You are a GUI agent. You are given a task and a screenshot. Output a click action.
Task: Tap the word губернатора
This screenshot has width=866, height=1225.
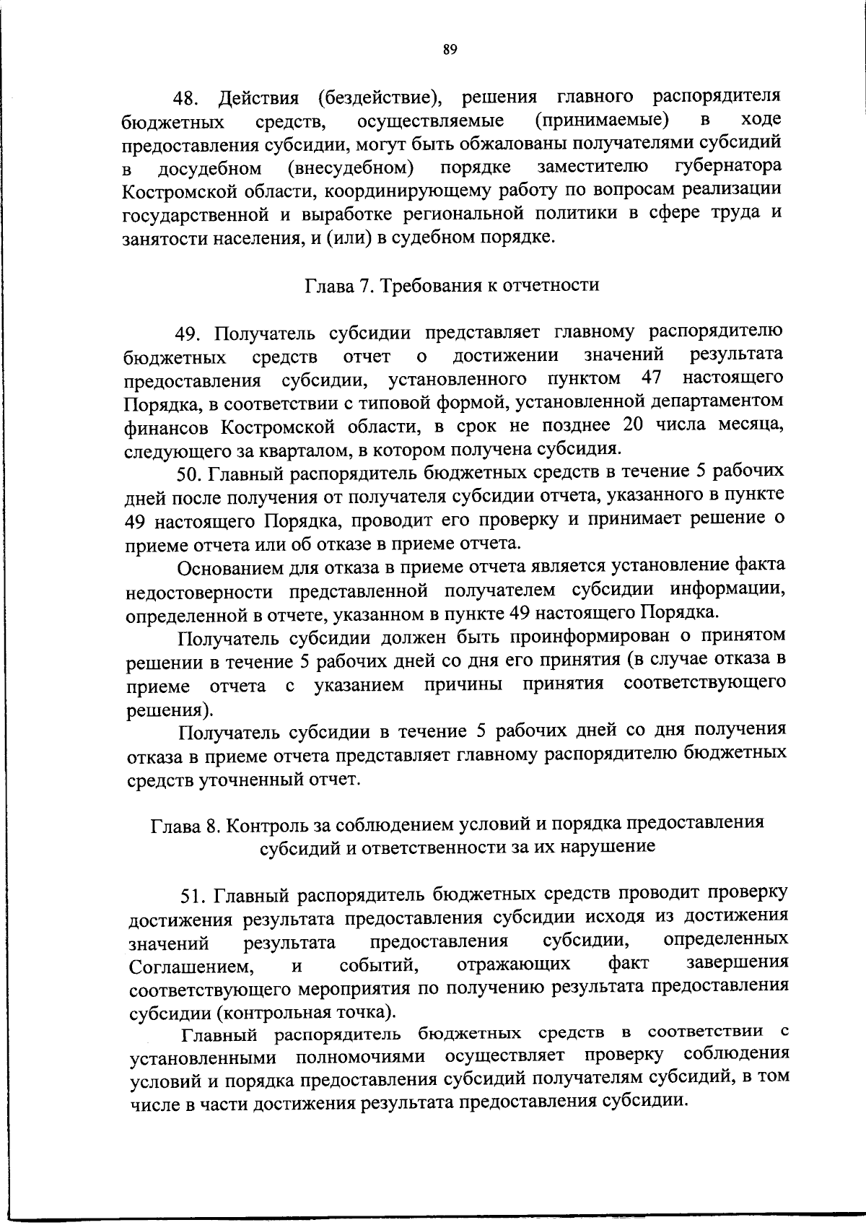pos(728,167)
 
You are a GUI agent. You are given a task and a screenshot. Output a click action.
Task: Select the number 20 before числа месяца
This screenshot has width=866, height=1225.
pos(632,424)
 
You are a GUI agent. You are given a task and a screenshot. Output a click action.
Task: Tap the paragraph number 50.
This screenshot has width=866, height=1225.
pos(190,473)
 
